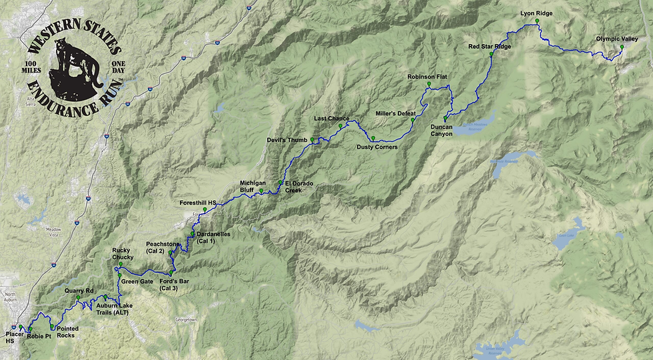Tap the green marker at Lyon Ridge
pos(536,21)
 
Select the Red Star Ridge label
pos(490,46)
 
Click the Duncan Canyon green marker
pos(445,118)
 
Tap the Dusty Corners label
pos(376,147)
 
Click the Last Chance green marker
pos(340,125)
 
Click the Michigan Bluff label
pos(253,186)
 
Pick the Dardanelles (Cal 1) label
pos(215,237)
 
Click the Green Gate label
pos(137,281)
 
